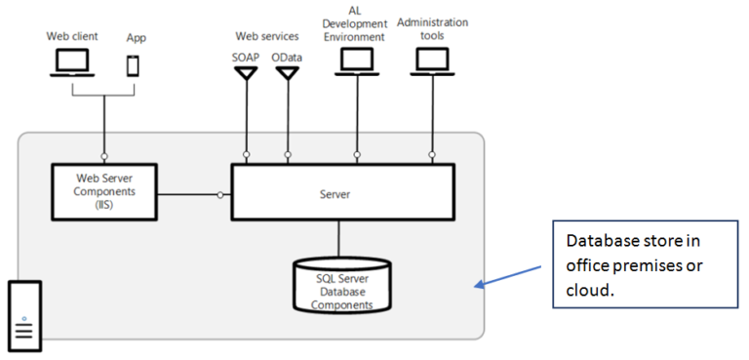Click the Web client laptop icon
[71, 62]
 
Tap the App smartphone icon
[135, 65]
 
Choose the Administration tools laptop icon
[431, 60]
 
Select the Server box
[341, 194]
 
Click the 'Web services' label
[266, 36]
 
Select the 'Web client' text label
[71, 36]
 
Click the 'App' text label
[136, 38]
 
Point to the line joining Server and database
[339, 240]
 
